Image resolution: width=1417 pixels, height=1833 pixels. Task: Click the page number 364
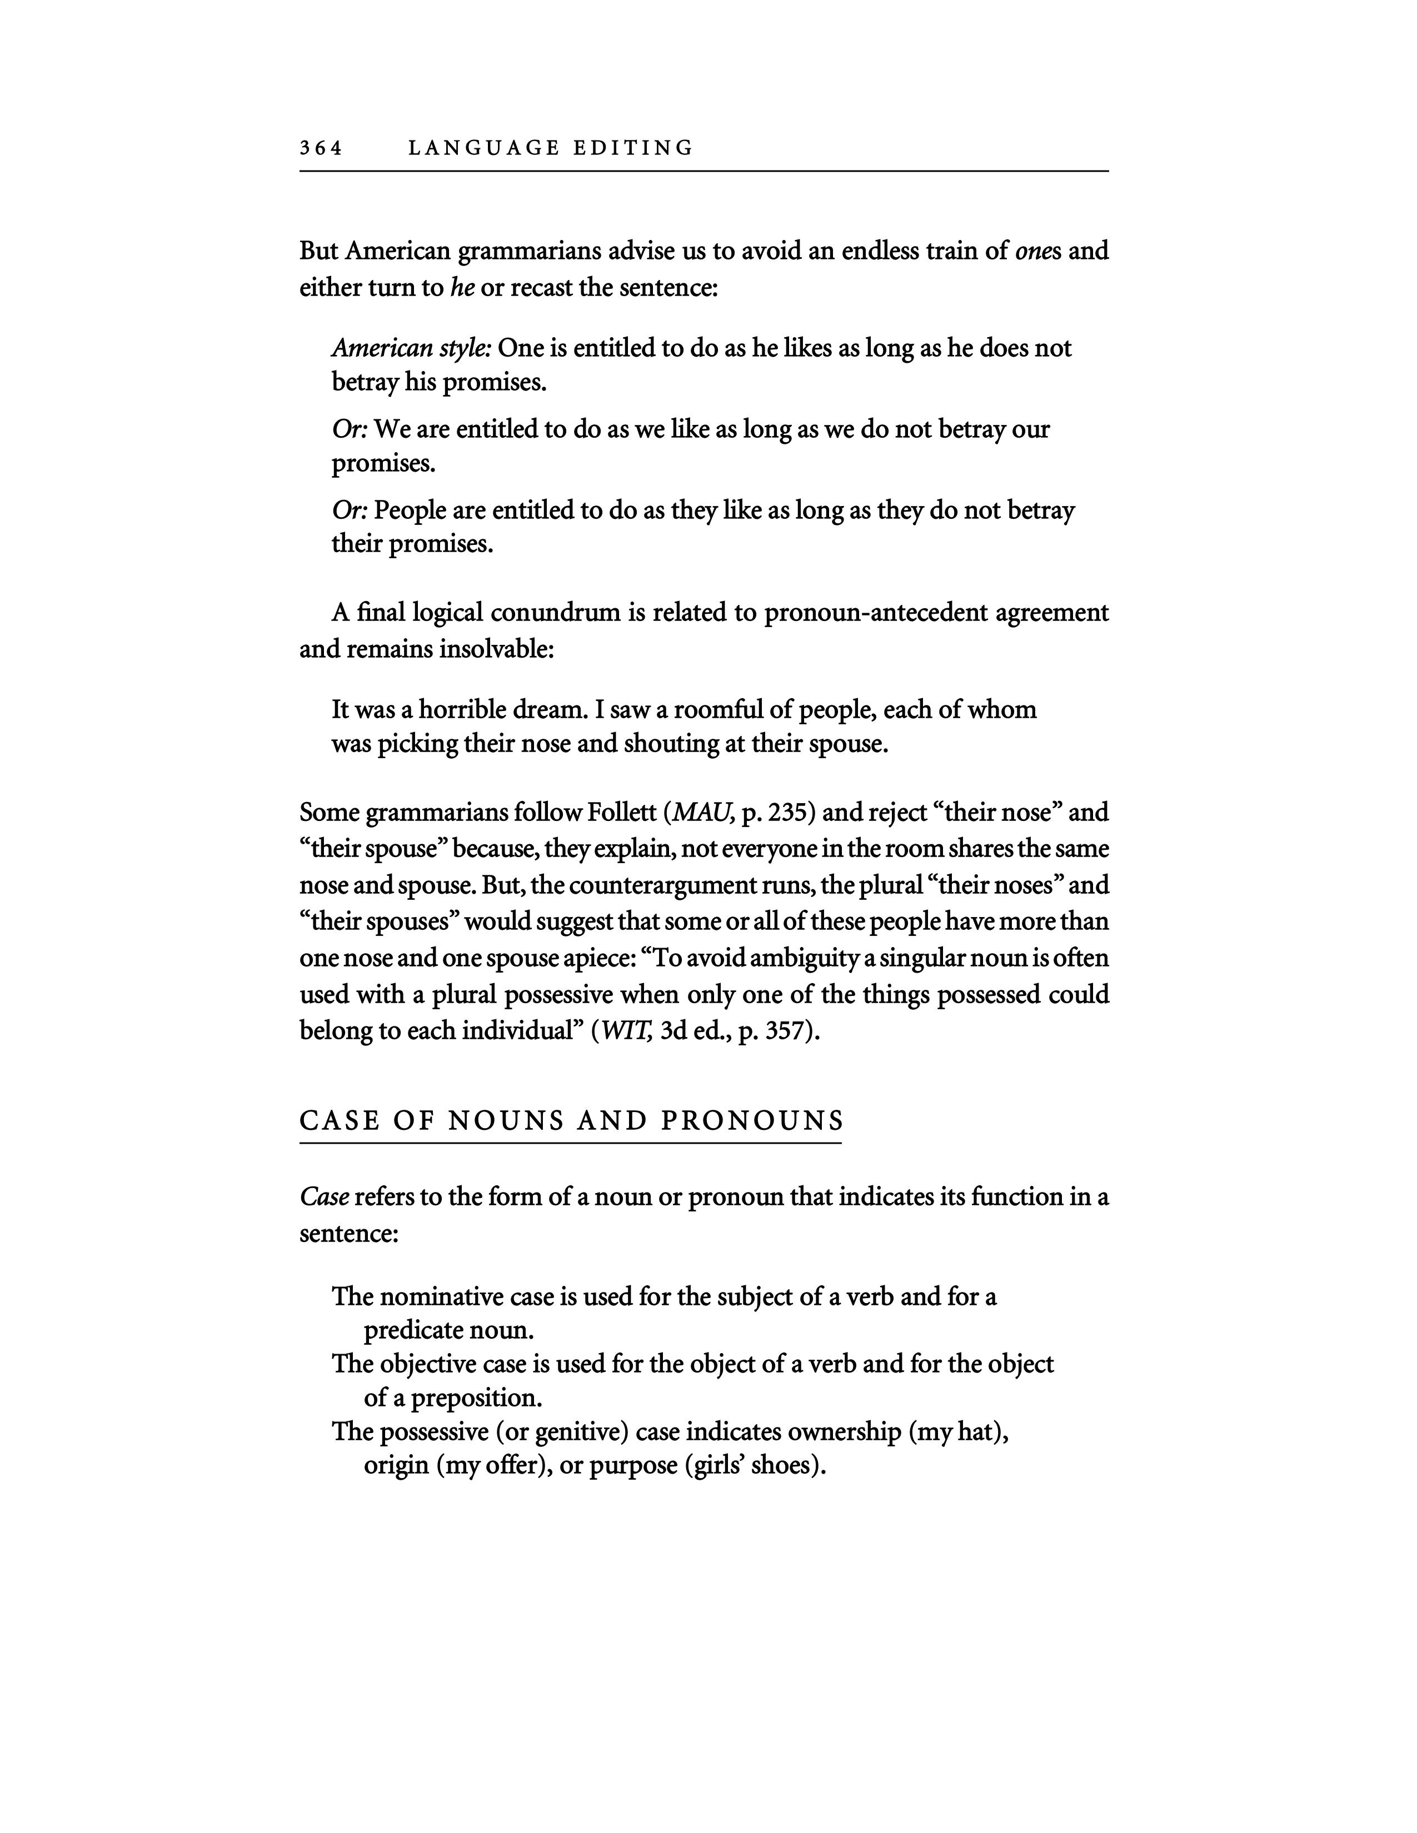pyautogui.click(x=321, y=148)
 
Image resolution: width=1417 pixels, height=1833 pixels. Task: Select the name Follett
pyautogui.click(x=623, y=813)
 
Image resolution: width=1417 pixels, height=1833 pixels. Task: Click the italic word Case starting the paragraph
pyautogui.click(x=324, y=1197)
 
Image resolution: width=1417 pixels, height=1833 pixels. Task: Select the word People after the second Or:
pyautogui.click(x=412, y=510)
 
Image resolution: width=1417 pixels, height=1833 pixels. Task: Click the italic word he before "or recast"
pyautogui.click(x=462, y=288)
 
